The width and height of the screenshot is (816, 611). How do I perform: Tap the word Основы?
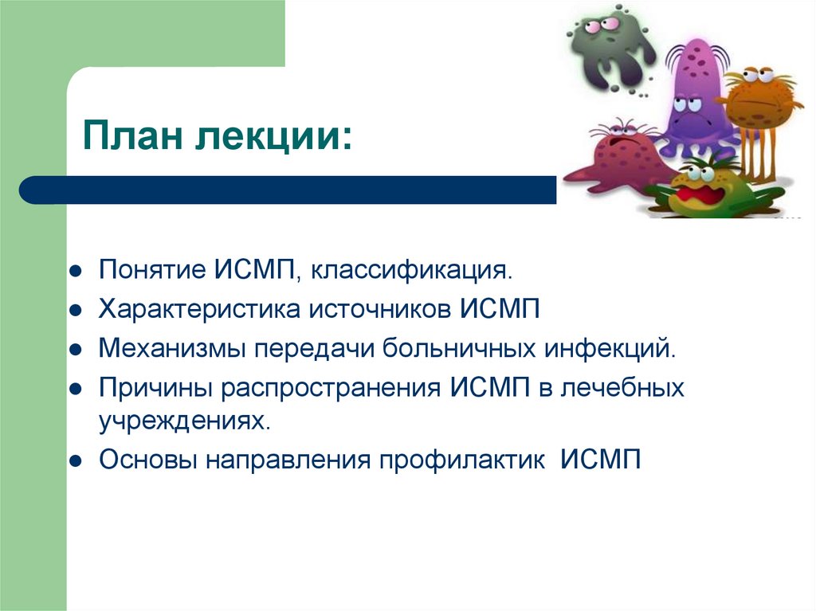click(x=150, y=460)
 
